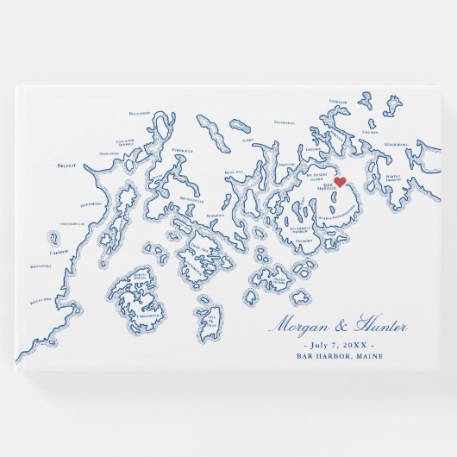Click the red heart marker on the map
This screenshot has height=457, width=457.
pos(340,181)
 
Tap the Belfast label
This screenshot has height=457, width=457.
pos(66,165)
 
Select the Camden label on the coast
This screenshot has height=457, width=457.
pos(58,252)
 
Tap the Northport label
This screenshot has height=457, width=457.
pos(91,204)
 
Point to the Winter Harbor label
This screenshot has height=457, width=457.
pos(393,177)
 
